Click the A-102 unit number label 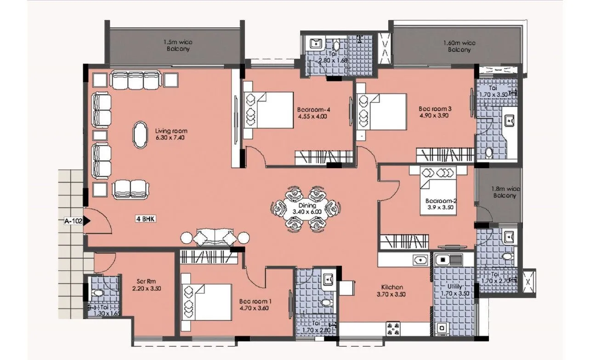(x=73, y=221)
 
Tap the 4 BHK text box (x=145, y=219)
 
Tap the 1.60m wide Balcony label (x=459, y=46)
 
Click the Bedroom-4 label (x=314, y=109)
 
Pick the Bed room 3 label (x=435, y=109)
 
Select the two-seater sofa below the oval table (x=130, y=189)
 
